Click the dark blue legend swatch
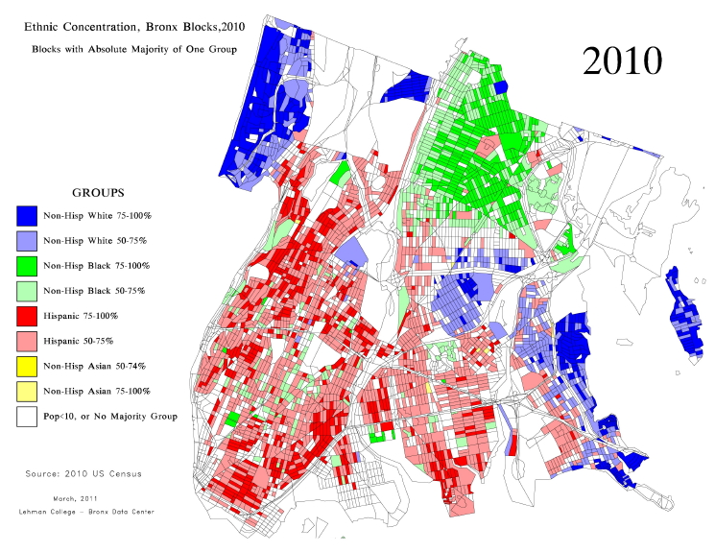point(28,215)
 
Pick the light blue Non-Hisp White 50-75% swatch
point(28,240)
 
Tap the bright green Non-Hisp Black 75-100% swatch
point(28,265)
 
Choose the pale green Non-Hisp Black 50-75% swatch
point(28,290)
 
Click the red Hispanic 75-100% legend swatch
point(28,315)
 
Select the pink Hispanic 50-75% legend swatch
point(28,340)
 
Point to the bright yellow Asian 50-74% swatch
point(28,366)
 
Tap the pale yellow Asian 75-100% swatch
point(28,391)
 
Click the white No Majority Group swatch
point(28,416)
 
